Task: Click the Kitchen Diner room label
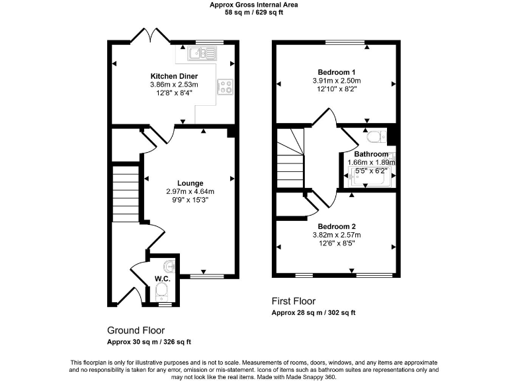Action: point(174,76)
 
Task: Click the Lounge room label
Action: point(190,183)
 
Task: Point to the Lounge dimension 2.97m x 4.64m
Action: point(190,192)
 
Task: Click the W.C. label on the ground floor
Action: point(162,278)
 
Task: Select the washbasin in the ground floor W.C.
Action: point(170,266)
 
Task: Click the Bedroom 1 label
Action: point(337,72)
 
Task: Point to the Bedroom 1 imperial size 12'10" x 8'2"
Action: point(337,89)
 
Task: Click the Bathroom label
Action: point(371,154)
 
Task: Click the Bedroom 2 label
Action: point(337,226)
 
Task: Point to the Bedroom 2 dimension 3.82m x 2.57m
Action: point(337,235)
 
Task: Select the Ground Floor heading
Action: point(136,330)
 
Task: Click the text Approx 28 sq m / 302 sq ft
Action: point(314,312)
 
